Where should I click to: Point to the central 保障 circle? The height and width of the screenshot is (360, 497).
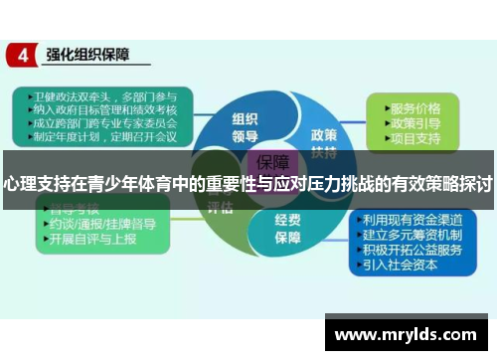(273, 162)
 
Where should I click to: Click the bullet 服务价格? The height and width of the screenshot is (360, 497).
(415, 105)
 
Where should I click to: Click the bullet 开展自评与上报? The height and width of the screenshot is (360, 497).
(95, 241)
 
